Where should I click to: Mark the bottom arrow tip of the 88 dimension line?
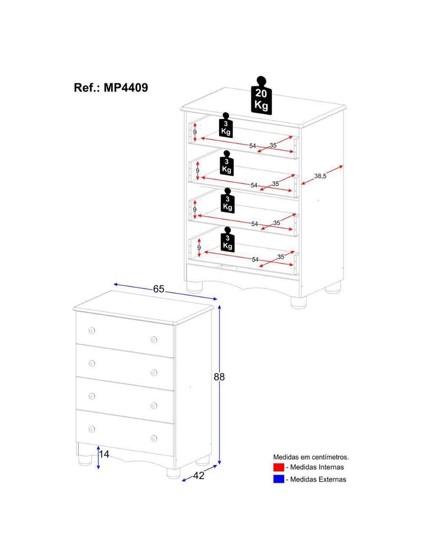(219, 464)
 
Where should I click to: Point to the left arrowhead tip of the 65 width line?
(113, 284)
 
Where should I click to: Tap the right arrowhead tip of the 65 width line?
(217, 299)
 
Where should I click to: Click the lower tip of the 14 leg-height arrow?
(98, 469)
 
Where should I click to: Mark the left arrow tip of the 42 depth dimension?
(182, 481)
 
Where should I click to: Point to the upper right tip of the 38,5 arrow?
(343, 165)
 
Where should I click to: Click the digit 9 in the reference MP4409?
(144, 88)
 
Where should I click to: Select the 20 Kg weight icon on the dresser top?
(262, 96)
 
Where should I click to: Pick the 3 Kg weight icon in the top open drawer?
(226, 125)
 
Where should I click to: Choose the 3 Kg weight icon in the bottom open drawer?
(227, 239)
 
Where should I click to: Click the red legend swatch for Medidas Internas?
(278, 467)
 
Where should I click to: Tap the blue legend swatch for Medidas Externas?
(278, 479)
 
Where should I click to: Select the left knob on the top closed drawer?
(92, 331)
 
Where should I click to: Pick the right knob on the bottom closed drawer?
(154, 438)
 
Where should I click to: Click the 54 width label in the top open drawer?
(253, 146)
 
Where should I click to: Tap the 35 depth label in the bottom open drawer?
(281, 257)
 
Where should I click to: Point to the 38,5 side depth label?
(320, 175)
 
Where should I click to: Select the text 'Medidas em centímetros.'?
(311, 457)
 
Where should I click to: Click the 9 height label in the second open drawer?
(197, 171)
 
